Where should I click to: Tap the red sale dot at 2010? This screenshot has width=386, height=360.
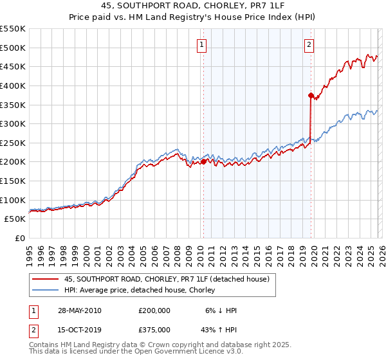(x=203, y=162)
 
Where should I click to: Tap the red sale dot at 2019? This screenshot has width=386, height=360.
(x=311, y=95)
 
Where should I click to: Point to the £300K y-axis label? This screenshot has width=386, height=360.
(x=13, y=123)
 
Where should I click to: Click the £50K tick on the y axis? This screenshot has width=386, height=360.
(x=15, y=219)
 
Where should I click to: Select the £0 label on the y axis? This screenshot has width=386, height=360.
(x=19, y=239)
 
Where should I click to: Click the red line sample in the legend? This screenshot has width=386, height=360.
(x=45, y=279)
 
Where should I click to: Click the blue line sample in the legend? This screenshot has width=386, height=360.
(x=45, y=290)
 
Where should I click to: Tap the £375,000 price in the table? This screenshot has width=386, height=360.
(x=154, y=330)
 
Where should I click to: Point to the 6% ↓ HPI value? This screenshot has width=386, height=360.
(x=221, y=310)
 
